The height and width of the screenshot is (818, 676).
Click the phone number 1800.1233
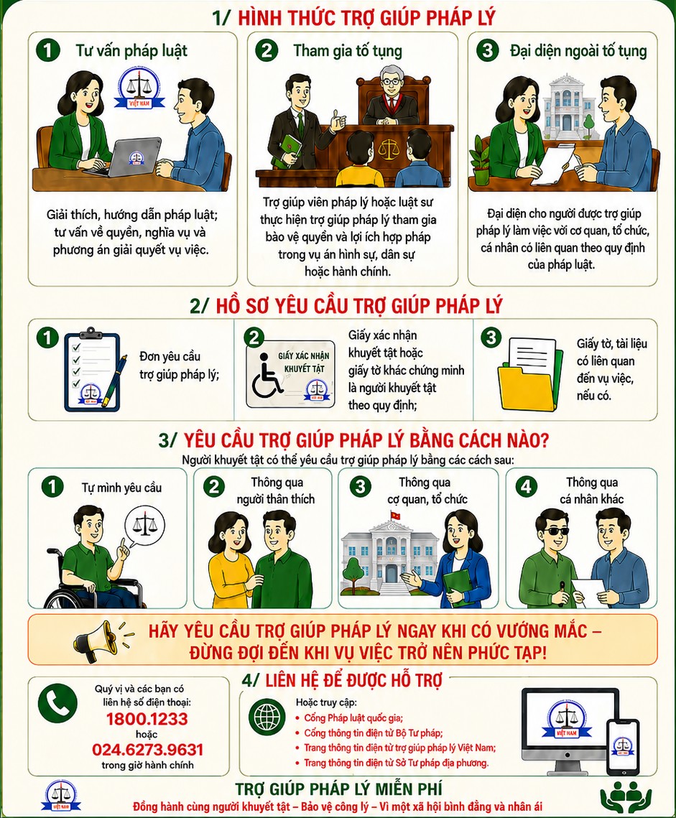(x=147, y=719)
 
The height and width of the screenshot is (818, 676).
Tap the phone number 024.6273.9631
(x=147, y=750)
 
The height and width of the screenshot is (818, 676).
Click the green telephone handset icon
(x=57, y=703)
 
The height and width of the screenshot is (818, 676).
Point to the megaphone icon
(x=99, y=639)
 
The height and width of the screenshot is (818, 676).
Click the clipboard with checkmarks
(x=93, y=371)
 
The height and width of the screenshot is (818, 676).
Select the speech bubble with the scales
(x=144, y=527)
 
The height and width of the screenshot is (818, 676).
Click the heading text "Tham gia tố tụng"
(x=348, y=50)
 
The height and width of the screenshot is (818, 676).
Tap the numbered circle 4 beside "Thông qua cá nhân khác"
(x=526, y=487)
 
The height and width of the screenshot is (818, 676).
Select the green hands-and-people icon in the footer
(x=626, y=798)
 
